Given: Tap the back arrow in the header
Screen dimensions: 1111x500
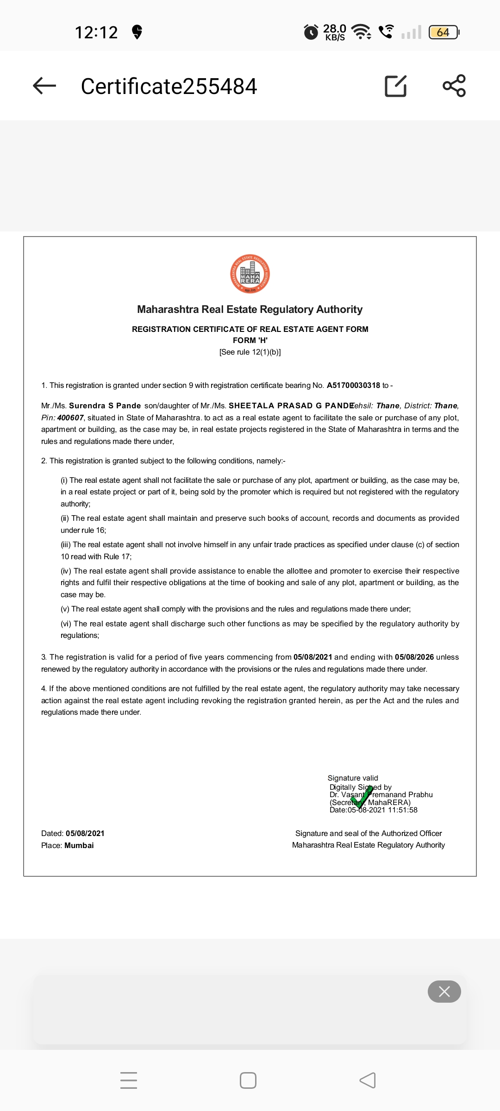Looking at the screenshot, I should point(44,86).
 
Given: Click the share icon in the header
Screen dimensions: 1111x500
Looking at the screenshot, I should point(454,86).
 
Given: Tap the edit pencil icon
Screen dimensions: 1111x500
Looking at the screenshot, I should point(396,86).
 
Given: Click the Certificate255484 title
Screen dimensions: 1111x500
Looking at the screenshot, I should point(169,87).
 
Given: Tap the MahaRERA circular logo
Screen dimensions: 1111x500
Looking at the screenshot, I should point(250,274).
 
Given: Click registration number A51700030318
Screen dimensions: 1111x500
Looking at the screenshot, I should point(353,385).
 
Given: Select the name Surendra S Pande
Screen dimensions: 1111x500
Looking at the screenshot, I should point(105,406).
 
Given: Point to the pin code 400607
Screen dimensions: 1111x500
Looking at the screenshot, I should point(70,418).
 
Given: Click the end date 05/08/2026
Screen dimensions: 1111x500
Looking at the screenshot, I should point(414,657).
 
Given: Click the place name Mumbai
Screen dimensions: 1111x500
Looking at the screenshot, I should point(79,845).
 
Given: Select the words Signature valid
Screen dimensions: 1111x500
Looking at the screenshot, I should point(353,778).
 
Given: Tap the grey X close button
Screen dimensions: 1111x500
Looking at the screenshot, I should point(444,992).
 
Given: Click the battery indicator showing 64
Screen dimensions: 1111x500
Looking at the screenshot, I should point(444,32).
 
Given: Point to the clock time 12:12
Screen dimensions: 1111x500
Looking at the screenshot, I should point(96,32).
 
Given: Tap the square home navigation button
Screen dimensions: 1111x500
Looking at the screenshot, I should point(248,1080).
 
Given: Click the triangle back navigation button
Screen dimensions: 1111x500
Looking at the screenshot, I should point(368,1080).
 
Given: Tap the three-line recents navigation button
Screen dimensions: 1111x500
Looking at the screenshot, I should point(129,1080).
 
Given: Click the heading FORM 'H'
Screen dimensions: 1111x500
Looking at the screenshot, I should point(250,340).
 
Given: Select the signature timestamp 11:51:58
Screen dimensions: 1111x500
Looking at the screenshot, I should point(403,810).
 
